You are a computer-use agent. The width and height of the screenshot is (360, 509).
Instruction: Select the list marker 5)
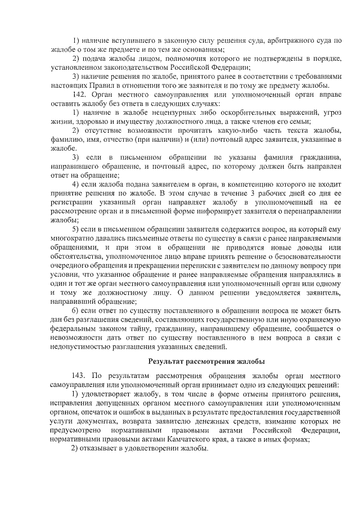(x=76, y=229)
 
